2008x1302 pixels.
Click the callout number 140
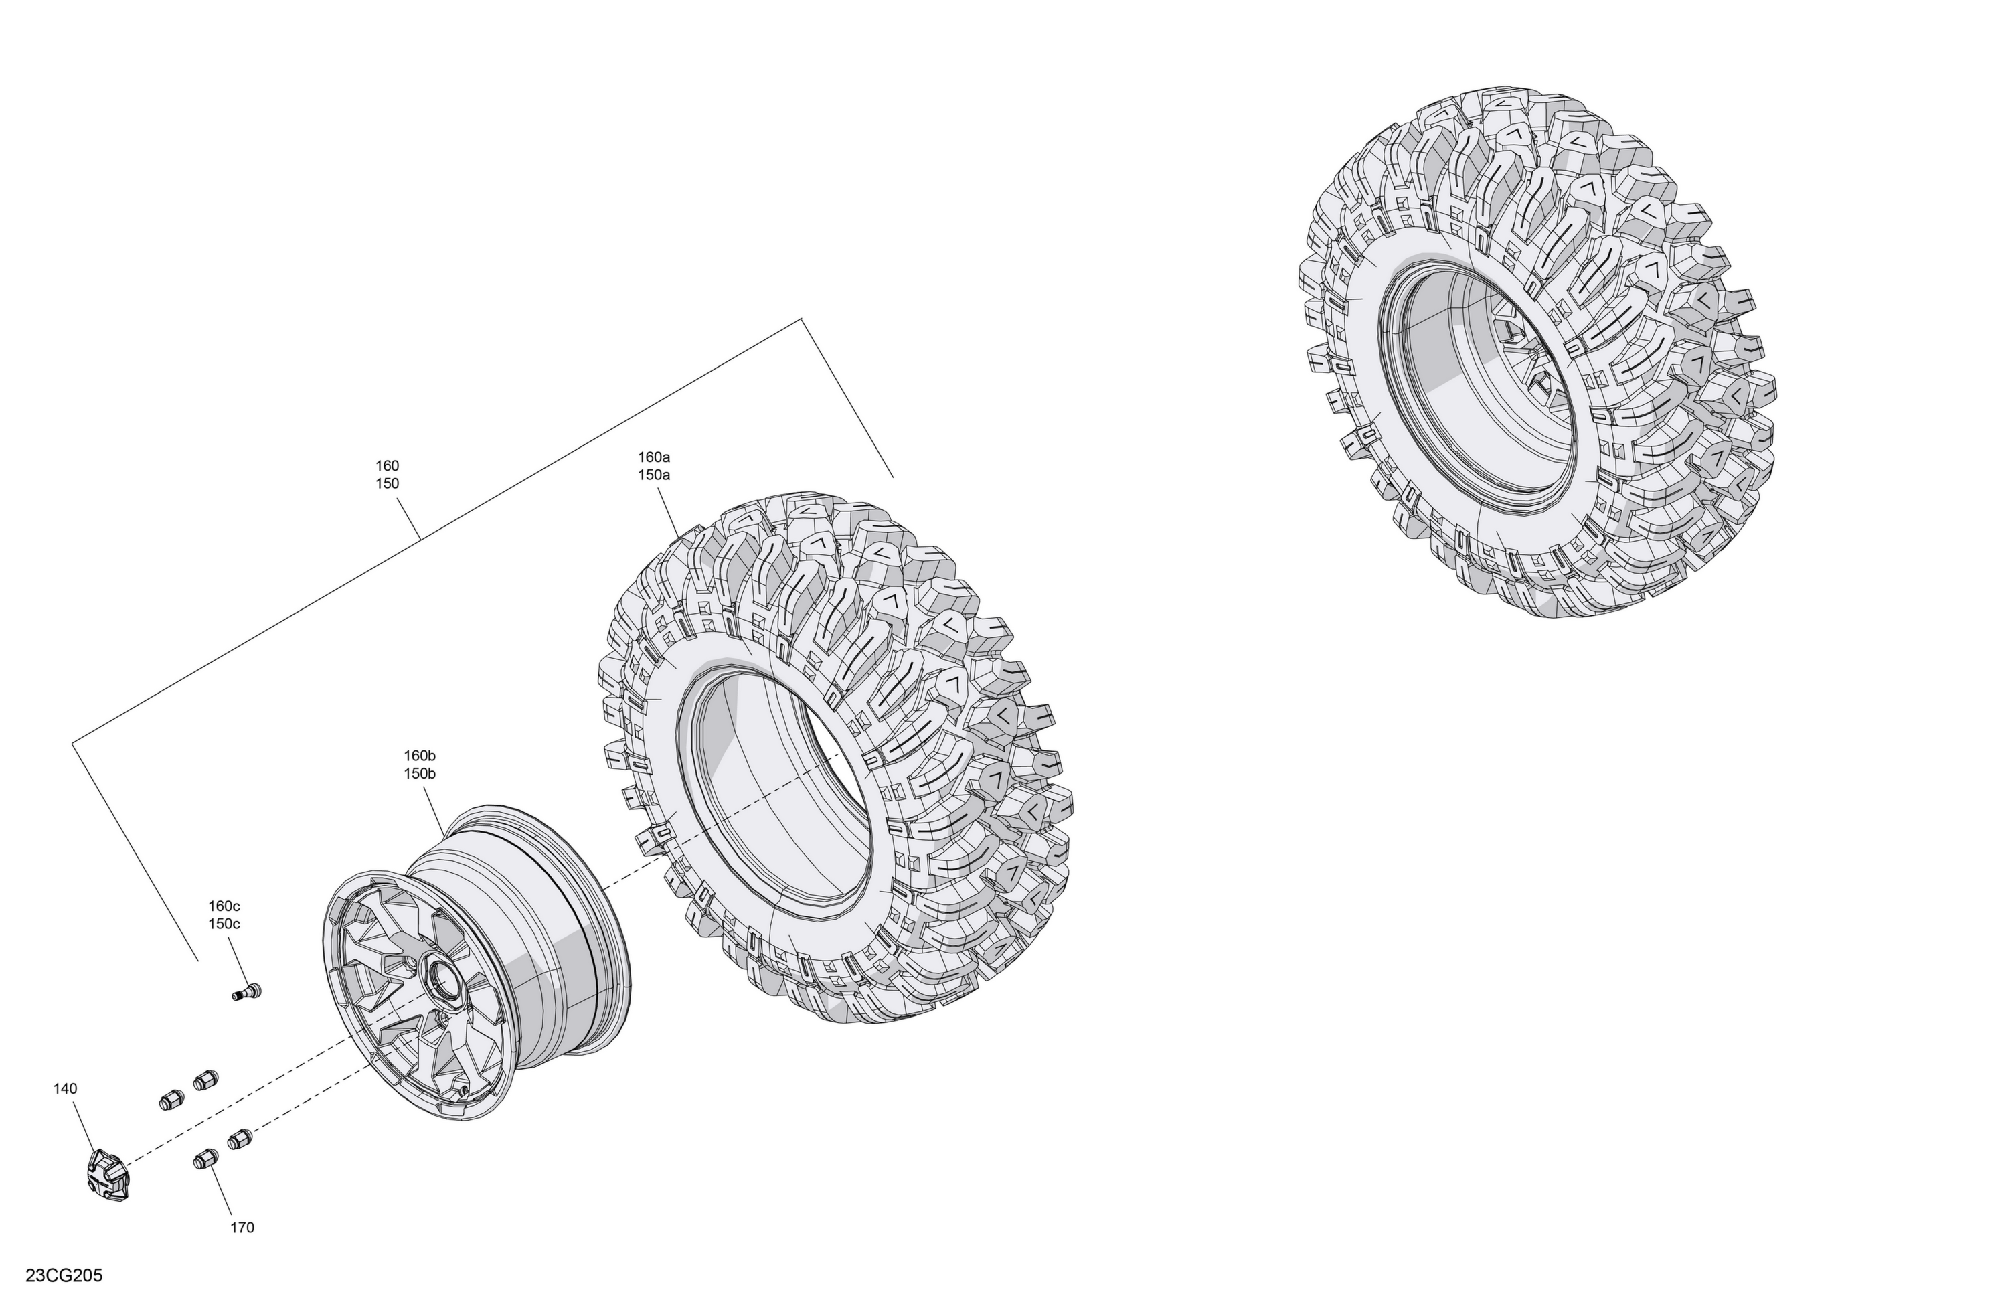(x=65, y=1088)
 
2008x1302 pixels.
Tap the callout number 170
(x=242, y=1228)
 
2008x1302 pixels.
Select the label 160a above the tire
(x=654, y=457)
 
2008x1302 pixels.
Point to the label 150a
(x=654, y=475)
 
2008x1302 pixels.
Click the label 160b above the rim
(x=419, y=755)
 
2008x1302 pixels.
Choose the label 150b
(x=419, y=774)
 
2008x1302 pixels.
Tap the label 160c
(x=224, y=906)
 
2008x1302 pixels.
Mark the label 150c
(x=224, y=924)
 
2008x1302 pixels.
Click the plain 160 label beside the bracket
(x=388, y=465)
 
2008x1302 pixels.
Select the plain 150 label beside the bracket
(x=388, y=483)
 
